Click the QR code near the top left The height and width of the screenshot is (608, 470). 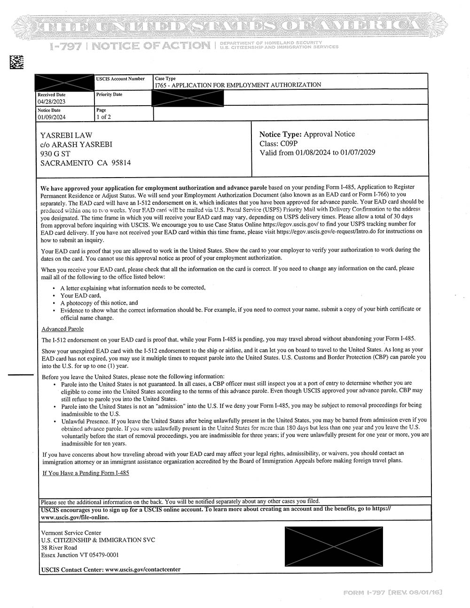pos(16,62)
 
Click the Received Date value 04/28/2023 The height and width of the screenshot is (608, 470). pos(52,101)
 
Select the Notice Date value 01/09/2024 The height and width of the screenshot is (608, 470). pos(52,117)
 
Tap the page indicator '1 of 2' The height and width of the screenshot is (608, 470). pos(103,117)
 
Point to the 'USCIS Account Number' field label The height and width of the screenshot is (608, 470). pos(120,79)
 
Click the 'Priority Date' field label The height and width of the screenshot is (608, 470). pos(109,94)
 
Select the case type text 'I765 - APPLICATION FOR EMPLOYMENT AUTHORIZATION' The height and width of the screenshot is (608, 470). pos(238,85)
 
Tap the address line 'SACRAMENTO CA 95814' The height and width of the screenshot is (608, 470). pos(86,163)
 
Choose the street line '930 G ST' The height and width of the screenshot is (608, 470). pos(55,154)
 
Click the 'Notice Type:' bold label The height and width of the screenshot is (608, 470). pos(280,134)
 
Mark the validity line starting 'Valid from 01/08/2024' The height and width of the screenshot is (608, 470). pos(317,152)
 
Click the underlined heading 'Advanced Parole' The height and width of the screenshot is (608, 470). pos(63,329)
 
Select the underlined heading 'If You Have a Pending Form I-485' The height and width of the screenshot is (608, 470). pos(86,473)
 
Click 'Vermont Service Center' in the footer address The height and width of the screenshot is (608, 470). pos(71,533)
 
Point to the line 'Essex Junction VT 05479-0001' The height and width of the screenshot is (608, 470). pos(80,554)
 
